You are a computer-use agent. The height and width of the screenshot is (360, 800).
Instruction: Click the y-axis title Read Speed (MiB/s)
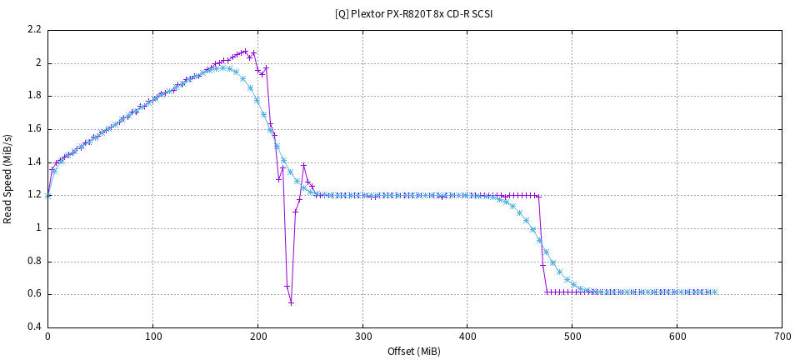8,178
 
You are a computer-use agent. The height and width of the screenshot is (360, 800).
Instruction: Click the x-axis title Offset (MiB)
414,351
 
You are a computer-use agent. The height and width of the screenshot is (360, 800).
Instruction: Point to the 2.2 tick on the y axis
34,30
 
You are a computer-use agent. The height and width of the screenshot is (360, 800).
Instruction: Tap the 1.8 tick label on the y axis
34,96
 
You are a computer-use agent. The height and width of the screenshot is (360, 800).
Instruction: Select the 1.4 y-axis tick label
34,162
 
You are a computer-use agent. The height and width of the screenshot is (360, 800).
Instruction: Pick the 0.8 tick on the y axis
34,261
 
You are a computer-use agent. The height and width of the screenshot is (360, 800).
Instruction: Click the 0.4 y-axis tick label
34,327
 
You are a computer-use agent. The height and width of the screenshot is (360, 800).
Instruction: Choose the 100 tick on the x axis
152,337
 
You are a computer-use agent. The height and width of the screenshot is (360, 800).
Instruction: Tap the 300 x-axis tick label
362,337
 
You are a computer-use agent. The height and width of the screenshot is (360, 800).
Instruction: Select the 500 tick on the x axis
572,337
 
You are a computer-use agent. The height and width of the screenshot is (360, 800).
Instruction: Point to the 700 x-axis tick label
782,337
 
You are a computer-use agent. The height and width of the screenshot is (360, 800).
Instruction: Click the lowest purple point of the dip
291,302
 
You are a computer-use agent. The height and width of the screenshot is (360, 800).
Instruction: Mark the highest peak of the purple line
245,51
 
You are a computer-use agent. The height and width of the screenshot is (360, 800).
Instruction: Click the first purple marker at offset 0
48,196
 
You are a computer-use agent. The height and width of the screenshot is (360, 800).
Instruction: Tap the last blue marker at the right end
715,292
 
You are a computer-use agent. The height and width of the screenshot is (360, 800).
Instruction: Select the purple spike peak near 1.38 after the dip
303,165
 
